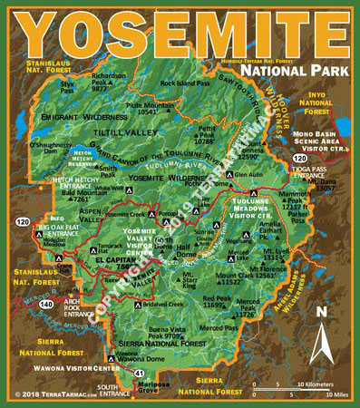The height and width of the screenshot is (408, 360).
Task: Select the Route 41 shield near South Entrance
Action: tap(140, 373)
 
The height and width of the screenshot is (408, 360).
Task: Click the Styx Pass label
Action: tap(67, 87)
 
